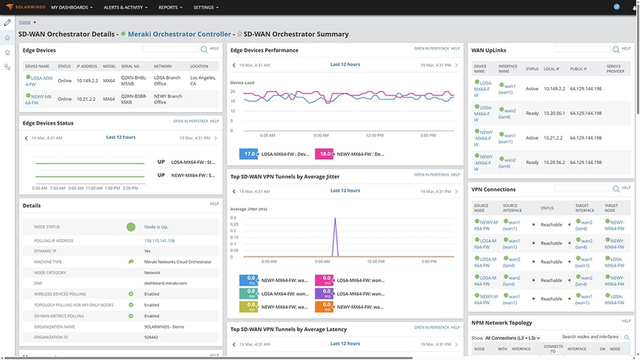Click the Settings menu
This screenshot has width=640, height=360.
pyautogui.click(x=205, y=7)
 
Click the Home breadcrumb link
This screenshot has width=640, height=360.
pyautogui.click(x=25, y=22)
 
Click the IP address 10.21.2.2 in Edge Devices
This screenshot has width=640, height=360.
pyautogui.click(x=88, y=100)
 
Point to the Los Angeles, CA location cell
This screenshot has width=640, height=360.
pyautogui.click(x=202, y=81)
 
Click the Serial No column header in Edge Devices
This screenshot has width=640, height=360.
pyautogui.click(x=130, y=67)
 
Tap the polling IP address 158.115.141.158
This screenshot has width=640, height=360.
pyautogui.click(x=159, y=241)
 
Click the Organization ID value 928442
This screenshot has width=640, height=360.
pyautogui.click(x=152, y=337)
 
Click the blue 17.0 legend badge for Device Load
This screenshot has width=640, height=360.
pyautogui.click(x=249, y=155)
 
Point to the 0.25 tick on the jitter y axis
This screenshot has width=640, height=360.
pyautogui.click(x=235, y=224)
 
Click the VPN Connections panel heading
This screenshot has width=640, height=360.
pyautogui.click(x=493, y=189)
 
